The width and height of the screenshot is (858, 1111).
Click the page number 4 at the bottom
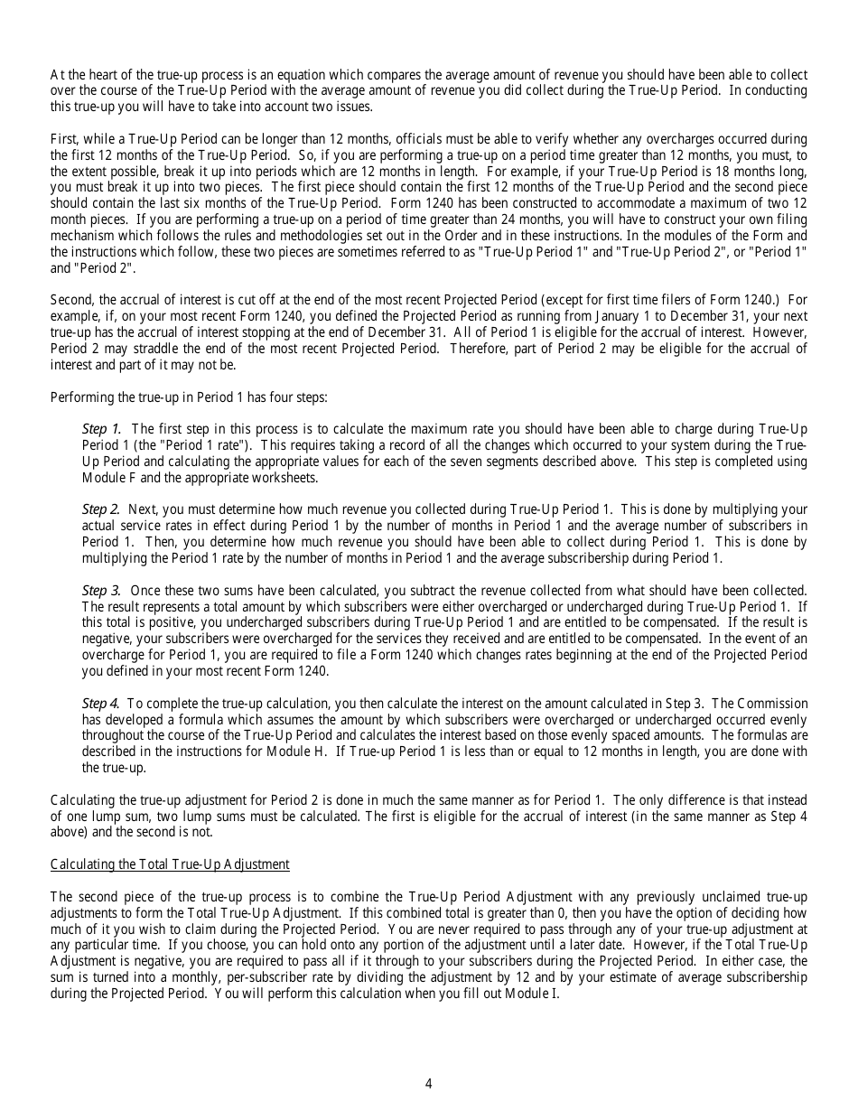(x=429, y=1084)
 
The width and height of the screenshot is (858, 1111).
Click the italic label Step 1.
(x=101, y=429)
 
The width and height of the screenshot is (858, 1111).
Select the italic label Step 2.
(x=101, y=509)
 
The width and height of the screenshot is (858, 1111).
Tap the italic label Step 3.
(x=101, y=590)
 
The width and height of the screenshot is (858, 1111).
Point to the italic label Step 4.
(x=101, y=703)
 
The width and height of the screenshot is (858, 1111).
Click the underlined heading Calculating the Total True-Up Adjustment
(x=170, y=864)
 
